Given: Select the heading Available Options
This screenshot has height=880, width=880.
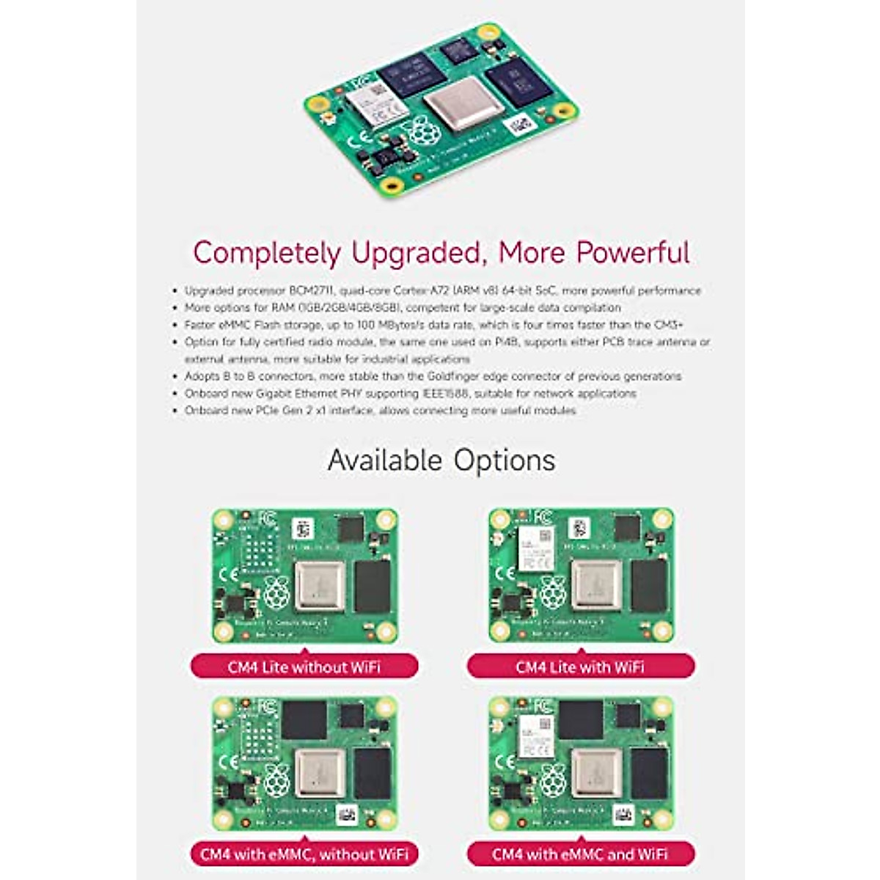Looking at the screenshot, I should click(x=441, y=461).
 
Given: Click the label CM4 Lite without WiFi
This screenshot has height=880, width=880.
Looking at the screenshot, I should click(x=304, y=667).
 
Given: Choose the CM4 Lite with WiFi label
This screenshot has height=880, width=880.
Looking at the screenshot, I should click(x=580, y=667).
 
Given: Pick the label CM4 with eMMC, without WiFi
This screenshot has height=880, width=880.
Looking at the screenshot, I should click(x=304, y=854).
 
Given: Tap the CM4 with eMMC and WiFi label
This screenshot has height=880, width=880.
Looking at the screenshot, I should click(x=580, y=854).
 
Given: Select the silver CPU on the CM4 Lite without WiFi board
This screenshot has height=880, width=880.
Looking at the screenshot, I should click(x=320, y=585).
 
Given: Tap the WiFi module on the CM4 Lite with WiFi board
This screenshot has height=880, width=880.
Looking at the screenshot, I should click(x=537, y=549).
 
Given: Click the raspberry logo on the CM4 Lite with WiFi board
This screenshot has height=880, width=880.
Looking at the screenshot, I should click(x=552, y=591).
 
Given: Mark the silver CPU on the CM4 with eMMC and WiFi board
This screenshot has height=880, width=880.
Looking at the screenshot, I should click(x=596, y=773).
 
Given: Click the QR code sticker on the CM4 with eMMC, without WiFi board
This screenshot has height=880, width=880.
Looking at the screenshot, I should click(x=347, y=813).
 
